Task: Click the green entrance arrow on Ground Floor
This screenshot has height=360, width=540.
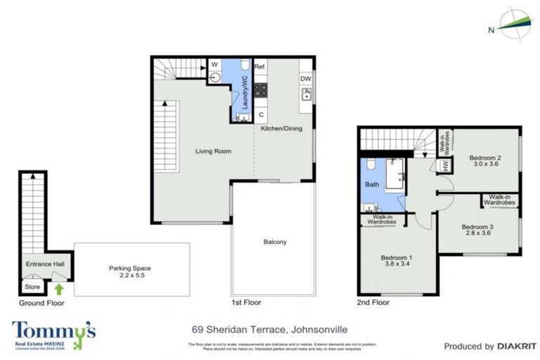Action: [x=59, y=288]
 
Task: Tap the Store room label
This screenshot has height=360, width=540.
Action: [x=32, y=286]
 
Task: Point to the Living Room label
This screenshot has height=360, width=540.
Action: [x=213, y=150]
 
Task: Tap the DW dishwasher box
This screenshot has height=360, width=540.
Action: [x=306, y=79]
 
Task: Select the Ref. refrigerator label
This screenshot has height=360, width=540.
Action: [x=259, y=66]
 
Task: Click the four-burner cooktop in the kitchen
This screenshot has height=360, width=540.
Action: [x=259, y=90]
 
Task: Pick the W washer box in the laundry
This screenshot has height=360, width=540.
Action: [x=214, y=65]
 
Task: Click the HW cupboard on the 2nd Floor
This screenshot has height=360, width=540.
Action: [x=444, y=166]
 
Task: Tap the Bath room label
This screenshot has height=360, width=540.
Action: [x=371, y=185]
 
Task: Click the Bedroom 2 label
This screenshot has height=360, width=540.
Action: [x=484, y=157]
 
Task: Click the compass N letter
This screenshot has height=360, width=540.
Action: [x=490, y=30]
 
